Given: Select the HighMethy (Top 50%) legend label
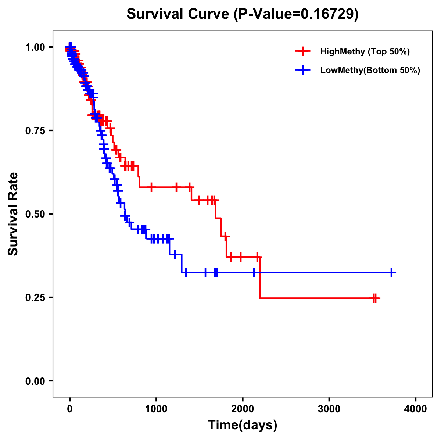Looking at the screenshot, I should (x=365, y=51).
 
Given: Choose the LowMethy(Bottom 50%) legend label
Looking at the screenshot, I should (x=370, y=70).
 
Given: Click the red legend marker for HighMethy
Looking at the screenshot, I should (x=303, y=51).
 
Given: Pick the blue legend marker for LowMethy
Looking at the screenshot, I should (x=303, y=70).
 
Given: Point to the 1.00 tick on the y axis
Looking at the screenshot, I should (x=35, y=47).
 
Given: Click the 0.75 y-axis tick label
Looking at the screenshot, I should (x=35, y=130).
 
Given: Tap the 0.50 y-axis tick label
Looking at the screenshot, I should (x=35, y=214).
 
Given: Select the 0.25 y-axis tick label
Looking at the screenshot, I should (x=35, y=297).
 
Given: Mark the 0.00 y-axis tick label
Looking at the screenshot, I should (x=35, y=381).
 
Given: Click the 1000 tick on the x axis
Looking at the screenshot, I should (x=156, y=409).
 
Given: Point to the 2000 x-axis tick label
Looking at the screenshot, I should (x=243, y=409).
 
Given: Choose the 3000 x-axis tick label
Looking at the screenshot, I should (x=329, y=409).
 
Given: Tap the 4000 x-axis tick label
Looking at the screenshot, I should (x=416, y=409).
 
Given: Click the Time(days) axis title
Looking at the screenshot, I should (x=243, y=425).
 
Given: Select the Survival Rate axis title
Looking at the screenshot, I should (x=13, y=214).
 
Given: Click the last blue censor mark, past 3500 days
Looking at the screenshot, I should (x=392, y=273).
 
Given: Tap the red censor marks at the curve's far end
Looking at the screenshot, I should (x=375, y=298).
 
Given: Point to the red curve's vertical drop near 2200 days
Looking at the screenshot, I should (x=259, y=278).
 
